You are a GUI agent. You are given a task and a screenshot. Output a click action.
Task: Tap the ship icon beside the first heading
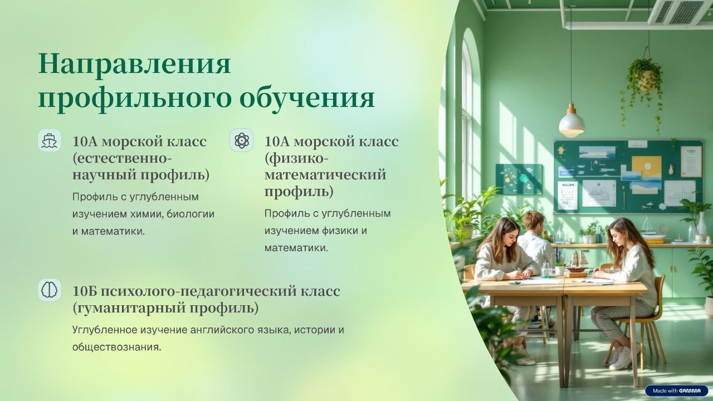[x=50, y=140]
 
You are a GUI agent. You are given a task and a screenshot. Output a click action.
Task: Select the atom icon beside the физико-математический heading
[x=242, y=140]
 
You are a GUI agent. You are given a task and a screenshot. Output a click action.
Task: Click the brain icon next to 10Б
[x=50, y=290]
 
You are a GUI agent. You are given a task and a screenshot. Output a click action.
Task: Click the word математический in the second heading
[x=325, y=175]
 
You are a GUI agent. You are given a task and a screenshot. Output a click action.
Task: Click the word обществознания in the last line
[x=116, y=347]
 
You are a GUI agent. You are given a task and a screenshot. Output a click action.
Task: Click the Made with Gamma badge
[x=676, y=391]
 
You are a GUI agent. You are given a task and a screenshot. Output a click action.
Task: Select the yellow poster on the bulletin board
[x=646, y=167]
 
